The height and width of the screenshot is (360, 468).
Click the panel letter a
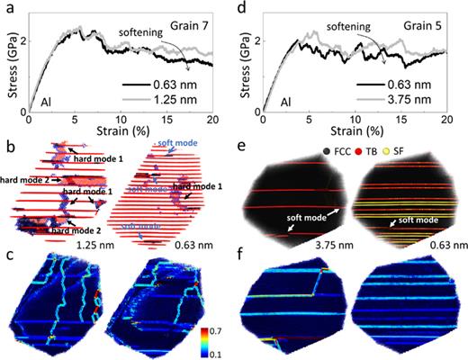point(7,8)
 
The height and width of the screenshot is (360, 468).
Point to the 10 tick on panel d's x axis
point(357,120)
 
